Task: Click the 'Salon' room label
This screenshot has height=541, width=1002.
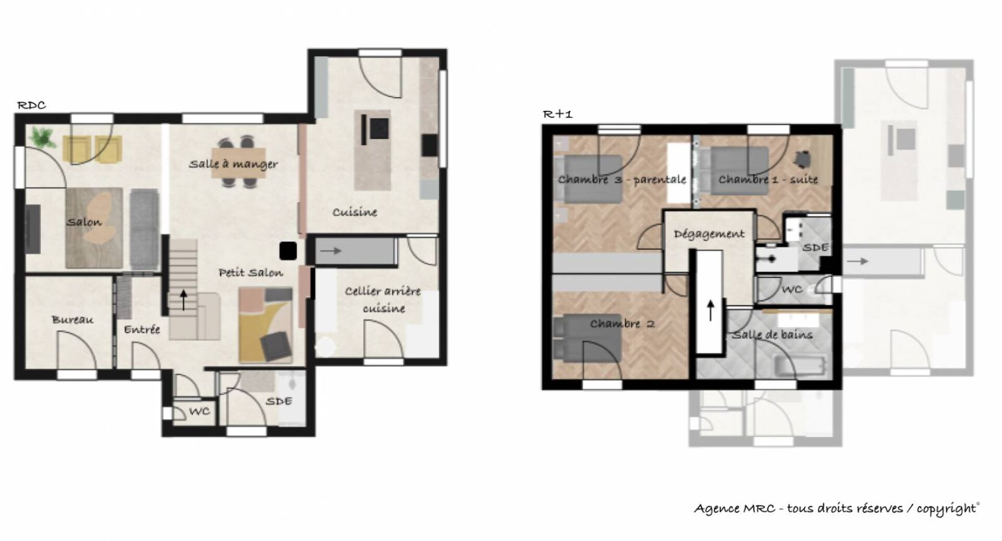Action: [x=84, y=222]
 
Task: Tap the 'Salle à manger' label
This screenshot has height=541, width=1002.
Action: [x=233, y=164]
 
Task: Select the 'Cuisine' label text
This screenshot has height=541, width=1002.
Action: [x=355, y=212]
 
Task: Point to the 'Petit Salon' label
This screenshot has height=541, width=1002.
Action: [x=251, y=273]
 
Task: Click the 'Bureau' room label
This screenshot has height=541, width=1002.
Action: [x=73, y=320]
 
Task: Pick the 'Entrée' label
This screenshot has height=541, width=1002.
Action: [x=142, y=330]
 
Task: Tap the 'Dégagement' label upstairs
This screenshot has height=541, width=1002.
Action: [x=709, y=234]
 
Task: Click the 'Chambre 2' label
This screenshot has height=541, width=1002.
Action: [x=622, y=324]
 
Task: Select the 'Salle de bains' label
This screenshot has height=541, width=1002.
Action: [x=772, y=334]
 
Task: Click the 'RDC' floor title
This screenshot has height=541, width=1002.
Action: [x=32, y=105]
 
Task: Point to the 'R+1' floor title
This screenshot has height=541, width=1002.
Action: [x=558, y=114]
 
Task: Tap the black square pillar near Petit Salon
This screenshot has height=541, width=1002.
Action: [x=288, y=251]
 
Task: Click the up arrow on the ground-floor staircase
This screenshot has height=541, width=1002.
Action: [x=184, y=300]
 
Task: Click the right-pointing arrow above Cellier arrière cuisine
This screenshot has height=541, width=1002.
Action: [x=331, y=251]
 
